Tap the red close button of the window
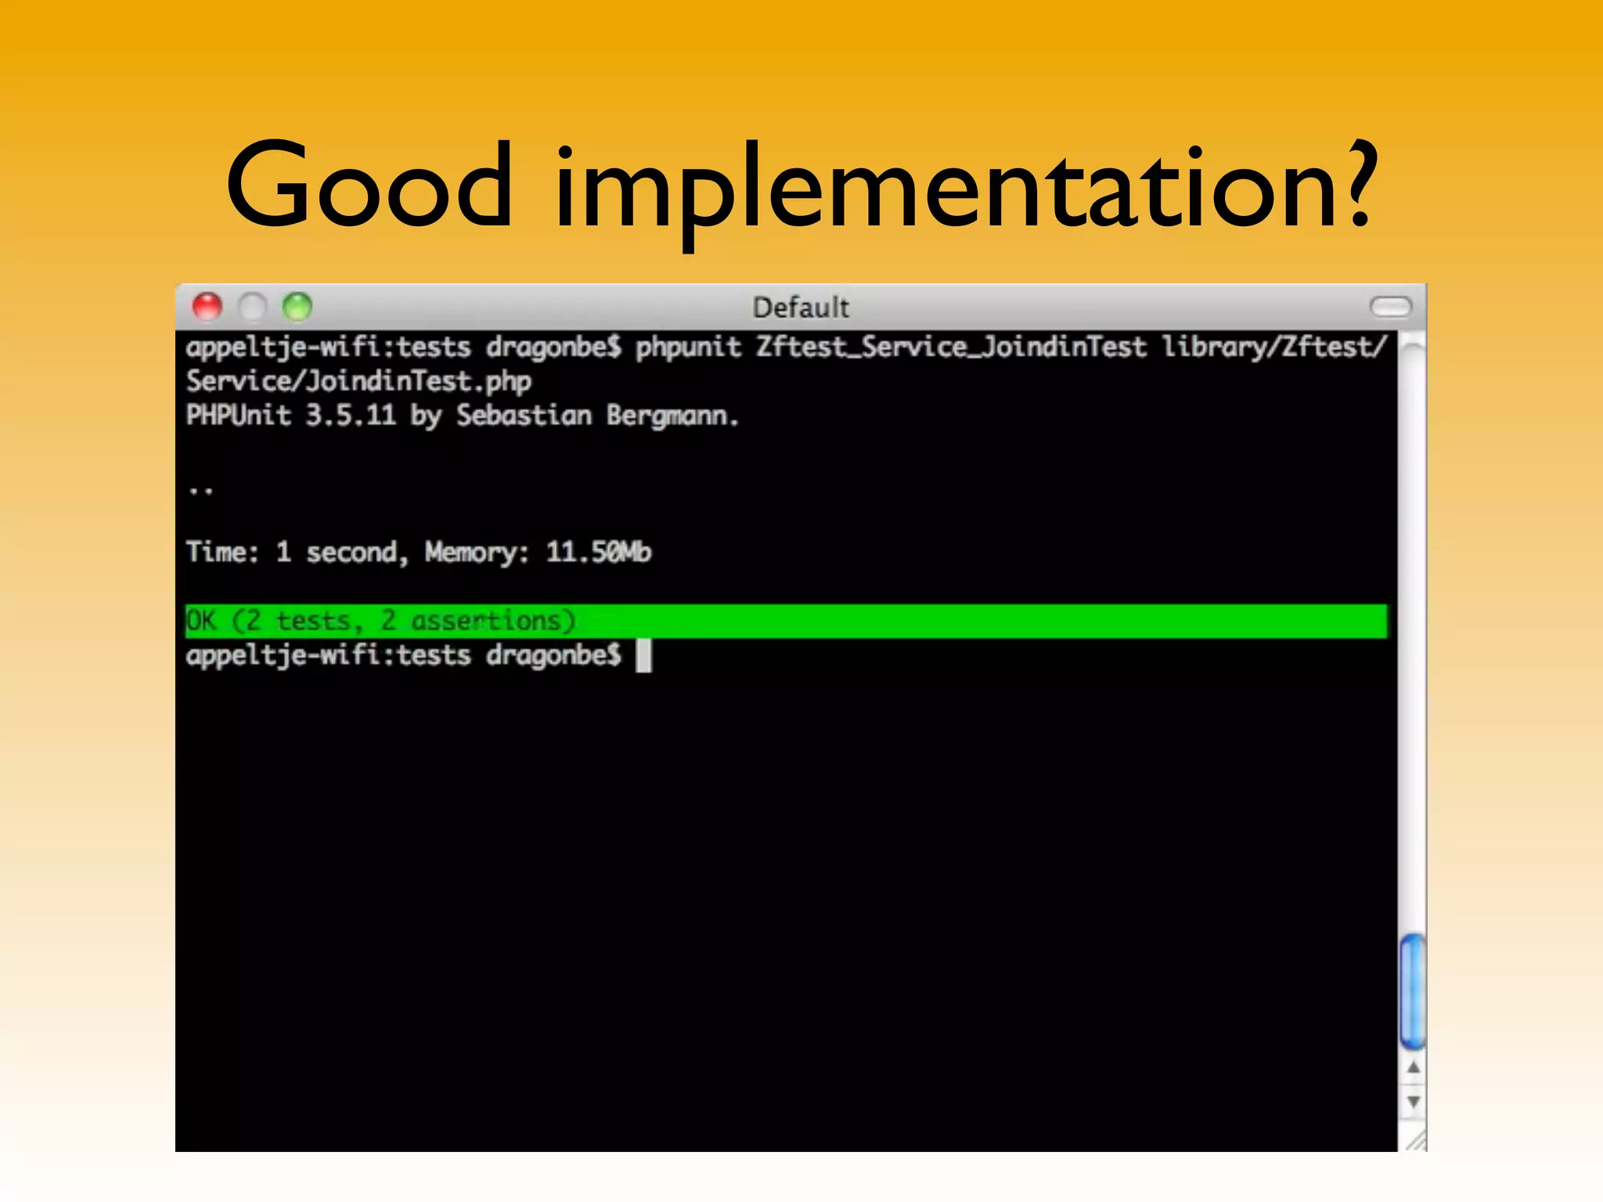click(x=207, y=306)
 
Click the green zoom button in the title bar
click(x=297, y=306)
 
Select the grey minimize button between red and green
click(x=252, y=306)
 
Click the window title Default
click(x=800, y=308)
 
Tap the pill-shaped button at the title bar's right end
click(x=1390, y=307)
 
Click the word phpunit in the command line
click(x=688, y=347)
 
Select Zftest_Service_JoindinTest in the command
click(x=950, y=347)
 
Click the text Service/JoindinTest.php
click(x=358, y=381)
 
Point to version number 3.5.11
click(x=350, y=415)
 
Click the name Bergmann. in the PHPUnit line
click(x=672, y=416)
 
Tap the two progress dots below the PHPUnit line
click(x=200, y=491)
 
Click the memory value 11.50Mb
click(x=598, y=552)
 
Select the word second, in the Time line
click(x=356, y=552)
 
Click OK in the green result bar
click(x=200, y=621)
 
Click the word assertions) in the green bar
click(x=493, y=621)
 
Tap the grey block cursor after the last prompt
click(x=643, y=655)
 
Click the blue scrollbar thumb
click(x=1412, y=991)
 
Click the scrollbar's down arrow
click(x=1413, y=1102)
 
